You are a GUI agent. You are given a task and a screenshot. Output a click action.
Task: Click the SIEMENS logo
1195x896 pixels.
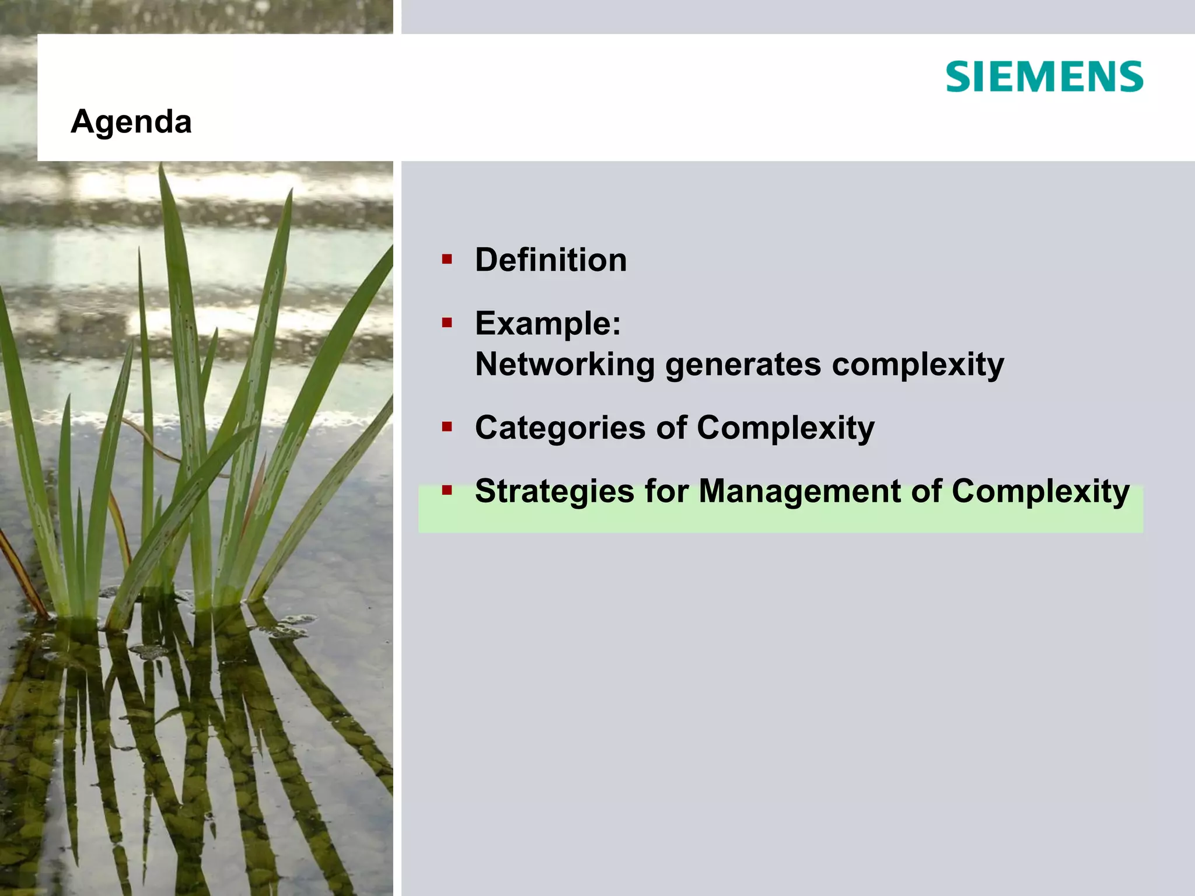click(x=1044, y=76)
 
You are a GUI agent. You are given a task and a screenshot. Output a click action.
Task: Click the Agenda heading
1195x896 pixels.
click(x=131, y=122)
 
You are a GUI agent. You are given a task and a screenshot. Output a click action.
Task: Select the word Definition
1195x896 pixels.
click(x=551, y=260)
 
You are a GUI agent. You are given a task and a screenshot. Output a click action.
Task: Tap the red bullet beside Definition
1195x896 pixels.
click(x=447, y=259)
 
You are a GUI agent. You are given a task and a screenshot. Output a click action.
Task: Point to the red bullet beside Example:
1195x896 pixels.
click(x=447, y=323)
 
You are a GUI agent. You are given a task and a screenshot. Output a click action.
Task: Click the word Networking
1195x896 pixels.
click(x=565, y=365)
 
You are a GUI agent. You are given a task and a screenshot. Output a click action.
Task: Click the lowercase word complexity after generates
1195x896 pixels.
click(x=917, y=365)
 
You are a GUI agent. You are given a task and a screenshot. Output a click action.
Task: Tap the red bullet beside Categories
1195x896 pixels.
click(x=447, y=428)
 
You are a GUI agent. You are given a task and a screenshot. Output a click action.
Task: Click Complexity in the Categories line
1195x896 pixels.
click(x=785, y=428)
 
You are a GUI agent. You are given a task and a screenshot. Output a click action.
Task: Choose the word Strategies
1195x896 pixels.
click(x=554, y=491)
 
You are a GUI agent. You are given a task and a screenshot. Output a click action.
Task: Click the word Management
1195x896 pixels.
click(x=799, y=491)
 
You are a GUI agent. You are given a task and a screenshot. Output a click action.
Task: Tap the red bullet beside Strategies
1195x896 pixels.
click(x=447, y=491)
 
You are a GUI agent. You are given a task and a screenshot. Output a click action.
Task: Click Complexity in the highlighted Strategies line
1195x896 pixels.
click(x=1040, y=491)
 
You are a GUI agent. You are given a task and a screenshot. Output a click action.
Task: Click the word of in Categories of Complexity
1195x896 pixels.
click(x=672, y=428)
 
